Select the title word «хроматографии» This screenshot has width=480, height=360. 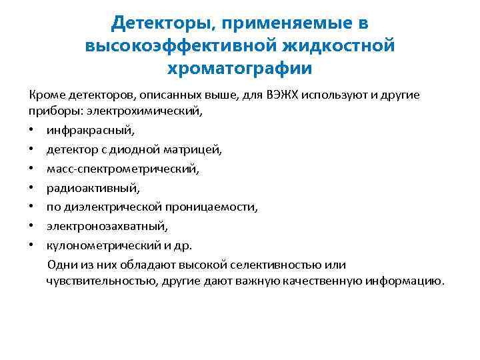(x=240, y=68)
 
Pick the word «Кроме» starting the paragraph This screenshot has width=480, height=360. (x=44, y=95)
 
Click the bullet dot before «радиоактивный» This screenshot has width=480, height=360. (x=32, y=189)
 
